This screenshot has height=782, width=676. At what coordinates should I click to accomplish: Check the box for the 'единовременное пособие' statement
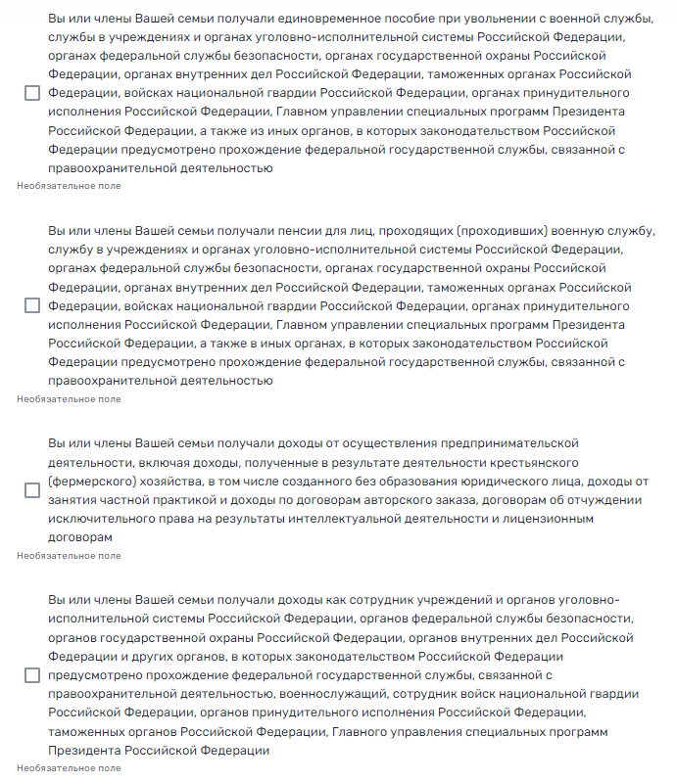tap(32, 93)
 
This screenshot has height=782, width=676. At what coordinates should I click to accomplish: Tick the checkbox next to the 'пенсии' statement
tap(32, 305)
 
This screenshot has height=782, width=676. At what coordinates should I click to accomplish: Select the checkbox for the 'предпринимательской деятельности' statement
tap(32, 489)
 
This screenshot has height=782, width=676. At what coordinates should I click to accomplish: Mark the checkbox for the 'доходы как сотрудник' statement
tap(32, 675)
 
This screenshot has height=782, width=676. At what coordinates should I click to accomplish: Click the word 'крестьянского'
tap(532, 462)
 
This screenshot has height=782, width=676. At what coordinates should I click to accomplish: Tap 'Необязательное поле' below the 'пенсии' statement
tap(70, 398)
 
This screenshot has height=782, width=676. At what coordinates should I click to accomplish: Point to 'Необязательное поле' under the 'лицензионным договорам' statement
tap(70, 555)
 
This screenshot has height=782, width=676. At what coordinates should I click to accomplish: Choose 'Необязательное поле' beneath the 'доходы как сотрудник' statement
tap(70, 768)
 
